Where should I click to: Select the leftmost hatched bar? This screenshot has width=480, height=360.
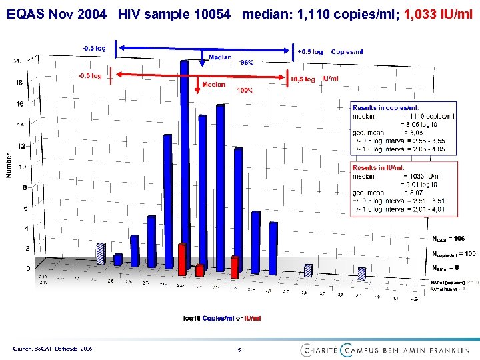click(101, 254)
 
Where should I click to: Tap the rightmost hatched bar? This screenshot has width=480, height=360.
click(361, 273)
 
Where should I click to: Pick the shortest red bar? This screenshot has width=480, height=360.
click(199, 269)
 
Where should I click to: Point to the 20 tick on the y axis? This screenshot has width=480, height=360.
click(17, 61)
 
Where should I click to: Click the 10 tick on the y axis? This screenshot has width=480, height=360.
click(22, 167)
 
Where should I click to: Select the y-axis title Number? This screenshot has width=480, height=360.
click(8, 166)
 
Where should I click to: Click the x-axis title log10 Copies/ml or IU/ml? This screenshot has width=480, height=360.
click(222, 318)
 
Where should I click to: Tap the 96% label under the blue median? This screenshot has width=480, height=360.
click(247, 62)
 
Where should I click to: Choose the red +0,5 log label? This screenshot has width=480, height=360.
click(303, 79)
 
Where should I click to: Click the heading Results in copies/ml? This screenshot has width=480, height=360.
click(386, 107)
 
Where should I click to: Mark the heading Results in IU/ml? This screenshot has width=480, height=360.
click(379, 167)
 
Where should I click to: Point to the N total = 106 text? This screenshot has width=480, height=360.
click(449, 238)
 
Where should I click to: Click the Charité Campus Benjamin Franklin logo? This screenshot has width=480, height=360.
click(384, 349)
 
